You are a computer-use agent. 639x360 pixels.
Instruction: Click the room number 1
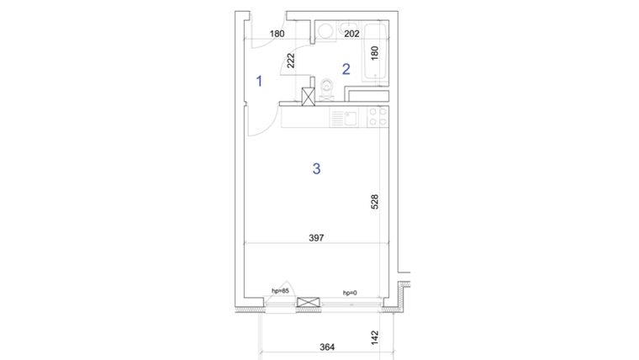[x=260, y=82]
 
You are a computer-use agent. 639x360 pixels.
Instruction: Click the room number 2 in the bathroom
[x=345, y=69]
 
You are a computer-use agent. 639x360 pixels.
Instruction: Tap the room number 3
[x=316, y=169]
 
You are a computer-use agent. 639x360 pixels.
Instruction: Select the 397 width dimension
[x=316, y=239]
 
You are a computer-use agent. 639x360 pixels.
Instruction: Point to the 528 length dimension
[x=375, y=204]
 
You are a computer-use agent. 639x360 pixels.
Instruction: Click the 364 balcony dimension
[x=328, y=347]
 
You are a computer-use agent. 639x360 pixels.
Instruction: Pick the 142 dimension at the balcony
[x=375, y=337]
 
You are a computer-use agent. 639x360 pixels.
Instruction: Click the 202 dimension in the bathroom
[x=352, y=34]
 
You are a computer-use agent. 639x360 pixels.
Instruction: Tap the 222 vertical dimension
[x=290, y=61]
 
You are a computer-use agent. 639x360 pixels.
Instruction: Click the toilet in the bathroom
[x=326, y=88]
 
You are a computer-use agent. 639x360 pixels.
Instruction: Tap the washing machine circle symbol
[x=324, y=31]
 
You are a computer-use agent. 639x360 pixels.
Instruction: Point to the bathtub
[x=375, y=54]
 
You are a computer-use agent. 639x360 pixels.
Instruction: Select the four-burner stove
[x=378, y=117]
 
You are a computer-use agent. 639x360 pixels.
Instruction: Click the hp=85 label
[x=280, y=291]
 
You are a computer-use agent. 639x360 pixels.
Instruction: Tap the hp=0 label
[x=350, y=293]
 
